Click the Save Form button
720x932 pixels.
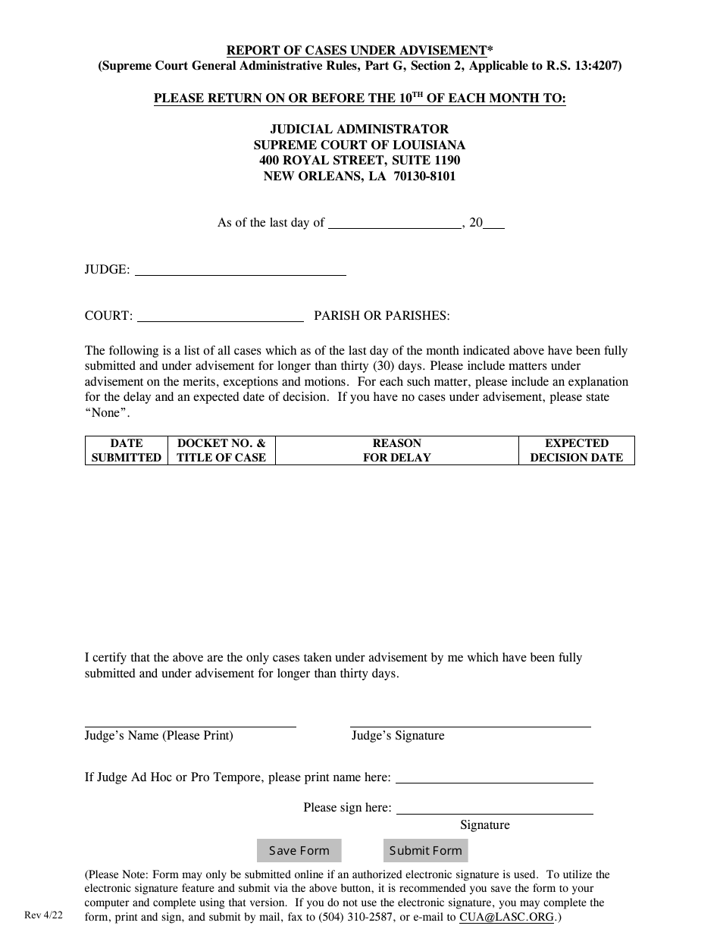pyautogui.click(x=299, y=850)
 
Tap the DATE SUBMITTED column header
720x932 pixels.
pyautogui.click(x=126, y=450)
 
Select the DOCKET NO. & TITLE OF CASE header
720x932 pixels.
pyautogui.click(x=221, y=450)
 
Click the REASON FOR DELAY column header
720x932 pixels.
pyautogui.click(x=396, y=450)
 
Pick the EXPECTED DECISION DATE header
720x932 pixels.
pyautogui.click(x=576, y=450)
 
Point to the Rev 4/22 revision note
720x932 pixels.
pyautogui.click(x=44, y=915)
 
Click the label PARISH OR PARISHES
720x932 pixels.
pyautogui.click(x=382, y=316)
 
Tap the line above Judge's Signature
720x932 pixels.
pyautogui.click(x=470, y=726)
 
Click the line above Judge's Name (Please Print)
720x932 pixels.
pyautogui.click(x=189, y=726)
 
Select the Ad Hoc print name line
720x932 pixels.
pyautogui.click(x=494, y=781)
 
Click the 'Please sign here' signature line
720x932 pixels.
pyautogui.click(x=494, y=812)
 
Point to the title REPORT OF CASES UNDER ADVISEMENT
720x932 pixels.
pyautogui.click(x=356, y=51)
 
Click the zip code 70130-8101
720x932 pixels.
pyautogui.click(x=424, y=177)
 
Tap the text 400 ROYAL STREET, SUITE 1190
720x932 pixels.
pyautogui.click(x=359, y=161)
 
